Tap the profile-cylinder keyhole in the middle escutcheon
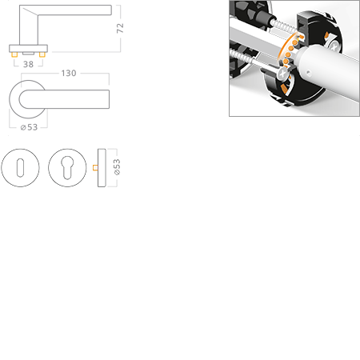pos(68,168)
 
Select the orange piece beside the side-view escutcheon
pos(94,168)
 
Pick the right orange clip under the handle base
pos(42,57)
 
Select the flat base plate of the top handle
pos(27,53)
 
